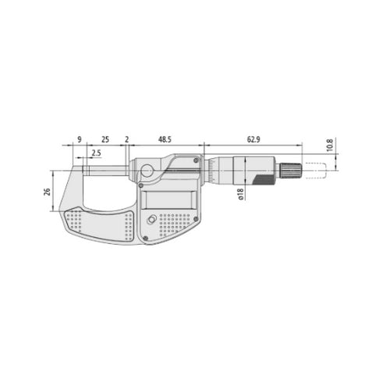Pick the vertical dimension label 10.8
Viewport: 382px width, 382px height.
[331, 145]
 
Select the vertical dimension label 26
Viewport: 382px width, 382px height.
[48, 192]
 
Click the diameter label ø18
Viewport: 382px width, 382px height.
[242, 194]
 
